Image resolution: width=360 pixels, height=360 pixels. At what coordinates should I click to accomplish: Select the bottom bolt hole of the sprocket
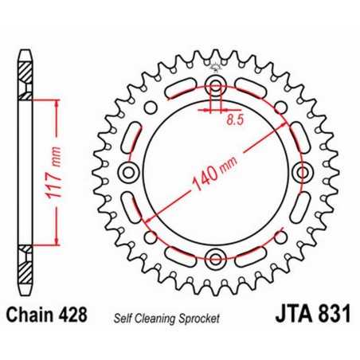pos(215,256)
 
